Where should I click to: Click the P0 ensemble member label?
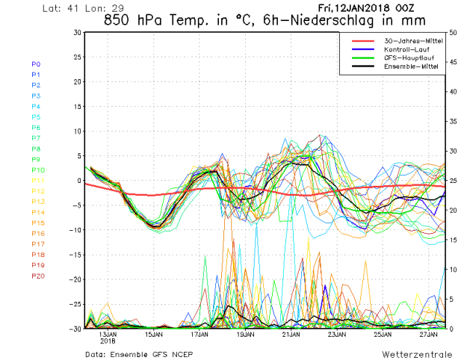tap(36, 64)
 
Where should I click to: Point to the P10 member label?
tap(37, 170)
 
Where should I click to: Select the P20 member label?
tap(37, 276)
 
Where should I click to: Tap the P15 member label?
tap(37, 223)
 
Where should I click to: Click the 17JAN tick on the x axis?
tap(199, 335)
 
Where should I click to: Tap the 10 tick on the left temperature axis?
tap(77, 131)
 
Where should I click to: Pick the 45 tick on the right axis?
tap(453, 62)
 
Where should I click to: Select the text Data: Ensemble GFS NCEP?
tap(133, 351)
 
